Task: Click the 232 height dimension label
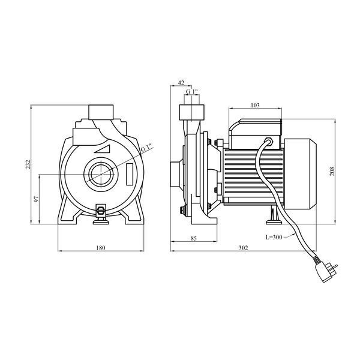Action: (28, 164)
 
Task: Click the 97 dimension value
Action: (36, 199)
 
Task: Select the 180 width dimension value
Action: (101, 248)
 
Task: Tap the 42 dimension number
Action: (181, 83)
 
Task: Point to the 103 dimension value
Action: (255, 105)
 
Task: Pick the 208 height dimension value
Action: (332, 171)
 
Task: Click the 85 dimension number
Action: (194, 238)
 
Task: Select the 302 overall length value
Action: (244, 248)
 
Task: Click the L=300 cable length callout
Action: (274, 237)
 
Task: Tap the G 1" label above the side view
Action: (192, 91)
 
